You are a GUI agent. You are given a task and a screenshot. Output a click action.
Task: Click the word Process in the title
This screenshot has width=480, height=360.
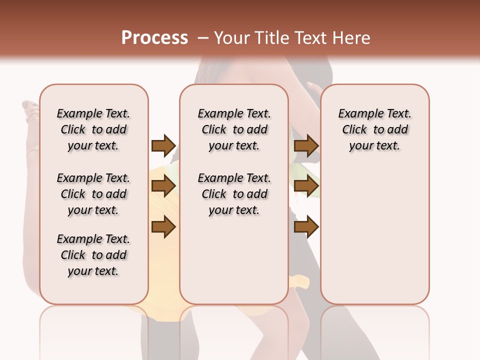point(154,37)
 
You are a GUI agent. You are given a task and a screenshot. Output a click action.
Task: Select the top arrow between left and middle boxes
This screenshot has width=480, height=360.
point(163,145)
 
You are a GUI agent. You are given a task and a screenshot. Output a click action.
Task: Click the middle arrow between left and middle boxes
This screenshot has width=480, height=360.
point(163,186)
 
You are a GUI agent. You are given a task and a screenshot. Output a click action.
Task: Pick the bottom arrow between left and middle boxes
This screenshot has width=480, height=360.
point(163,227)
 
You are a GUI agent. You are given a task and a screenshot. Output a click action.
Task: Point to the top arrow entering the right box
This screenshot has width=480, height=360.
point(306,145)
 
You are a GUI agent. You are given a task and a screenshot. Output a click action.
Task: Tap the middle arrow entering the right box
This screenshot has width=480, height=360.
point(306,186)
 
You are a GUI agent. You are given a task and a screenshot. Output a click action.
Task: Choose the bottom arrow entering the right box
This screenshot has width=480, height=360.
point(306,227)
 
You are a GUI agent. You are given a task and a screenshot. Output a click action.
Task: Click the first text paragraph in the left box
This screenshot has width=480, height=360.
point(93,129)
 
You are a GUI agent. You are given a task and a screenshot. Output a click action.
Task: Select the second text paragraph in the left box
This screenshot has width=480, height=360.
point(93,194)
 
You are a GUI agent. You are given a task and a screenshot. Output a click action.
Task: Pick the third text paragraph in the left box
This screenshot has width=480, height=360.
point(93,255)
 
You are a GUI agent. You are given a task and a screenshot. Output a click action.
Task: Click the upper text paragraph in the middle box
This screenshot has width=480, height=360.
point(234,129)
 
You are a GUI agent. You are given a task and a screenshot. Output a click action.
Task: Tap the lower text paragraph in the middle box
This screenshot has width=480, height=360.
point(234,194)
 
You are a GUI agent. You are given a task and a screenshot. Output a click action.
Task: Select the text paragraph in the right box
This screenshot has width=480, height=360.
point(374,129)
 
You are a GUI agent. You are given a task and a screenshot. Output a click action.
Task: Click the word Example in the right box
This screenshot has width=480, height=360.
point(357,113)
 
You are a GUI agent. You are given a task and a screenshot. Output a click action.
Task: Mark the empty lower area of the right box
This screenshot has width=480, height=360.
point(374,235)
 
